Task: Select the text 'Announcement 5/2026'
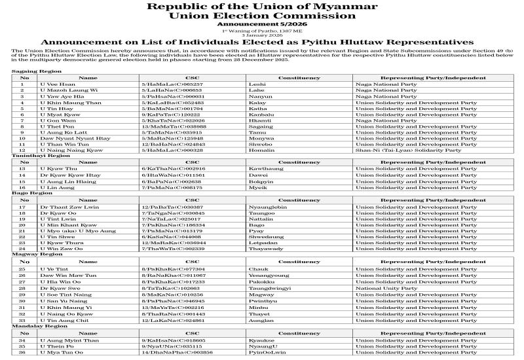261,24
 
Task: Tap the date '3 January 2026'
261,34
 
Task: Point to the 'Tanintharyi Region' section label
41,156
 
